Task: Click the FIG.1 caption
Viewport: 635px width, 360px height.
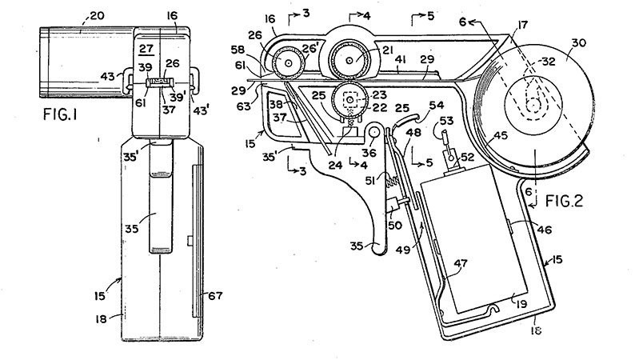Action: point(60,114)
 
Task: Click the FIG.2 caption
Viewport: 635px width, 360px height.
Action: point(564,201)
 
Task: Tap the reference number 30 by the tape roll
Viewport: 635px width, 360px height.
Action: point(578,43)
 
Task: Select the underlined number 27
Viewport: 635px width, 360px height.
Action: point(146,49)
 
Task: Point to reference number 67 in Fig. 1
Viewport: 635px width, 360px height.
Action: point(215,296)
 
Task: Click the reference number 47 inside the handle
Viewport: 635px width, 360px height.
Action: point(461,264)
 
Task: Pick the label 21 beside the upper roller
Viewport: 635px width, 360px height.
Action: point(387,50)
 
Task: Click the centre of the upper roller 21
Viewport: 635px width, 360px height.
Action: point(349,60)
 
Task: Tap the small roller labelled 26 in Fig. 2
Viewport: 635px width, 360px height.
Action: point(288,62)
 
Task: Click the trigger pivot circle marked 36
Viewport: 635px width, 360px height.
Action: point(373,131)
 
